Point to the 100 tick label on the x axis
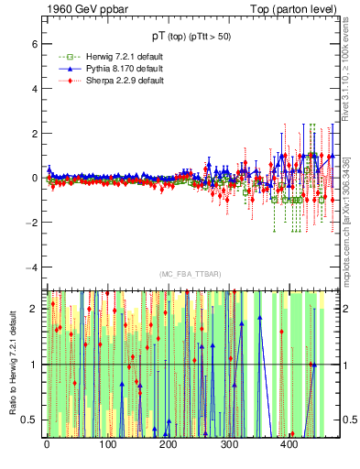point(107,445)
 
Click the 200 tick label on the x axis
point(168,445)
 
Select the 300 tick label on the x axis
point(228,445)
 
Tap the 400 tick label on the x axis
point(289,445)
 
